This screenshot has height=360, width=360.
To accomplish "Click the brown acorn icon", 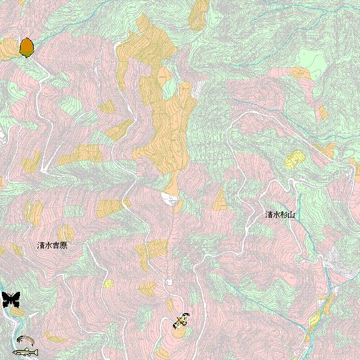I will [26, 47].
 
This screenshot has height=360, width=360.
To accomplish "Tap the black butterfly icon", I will [11, 299].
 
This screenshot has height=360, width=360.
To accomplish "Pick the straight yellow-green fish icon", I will [26, 352].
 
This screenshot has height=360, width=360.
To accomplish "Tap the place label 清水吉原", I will [52, 246].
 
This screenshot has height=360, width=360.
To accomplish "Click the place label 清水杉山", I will [279, 214].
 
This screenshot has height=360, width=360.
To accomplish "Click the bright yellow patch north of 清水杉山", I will [293, 159].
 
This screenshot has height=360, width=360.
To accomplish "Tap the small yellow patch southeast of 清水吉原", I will [109, 284].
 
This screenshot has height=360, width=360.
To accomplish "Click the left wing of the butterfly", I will [6, 299].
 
